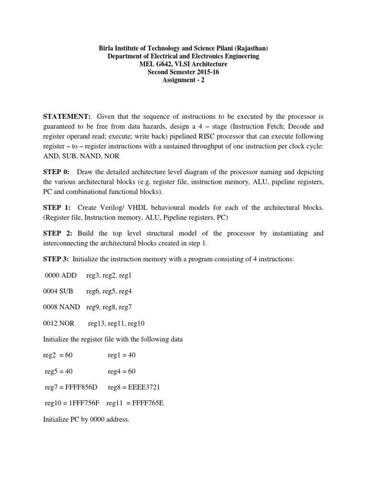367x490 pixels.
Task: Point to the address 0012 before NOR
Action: [x=51, y=323]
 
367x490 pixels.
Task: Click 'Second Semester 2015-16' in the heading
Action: [x=183, y=71]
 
